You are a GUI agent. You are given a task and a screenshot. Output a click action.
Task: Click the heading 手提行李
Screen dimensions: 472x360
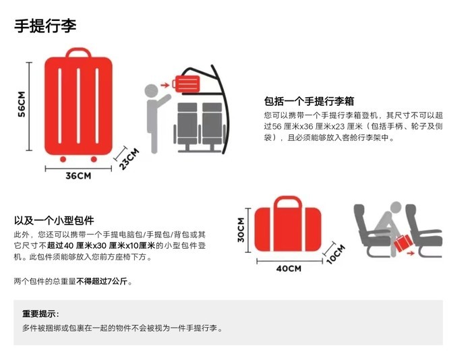point(45,26)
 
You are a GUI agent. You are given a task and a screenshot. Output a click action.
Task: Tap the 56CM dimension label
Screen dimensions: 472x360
point(22,104)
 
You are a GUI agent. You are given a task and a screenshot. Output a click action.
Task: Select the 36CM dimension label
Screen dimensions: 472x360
point(78,176)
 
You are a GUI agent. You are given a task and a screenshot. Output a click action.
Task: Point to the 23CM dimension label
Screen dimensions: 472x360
point(129,158)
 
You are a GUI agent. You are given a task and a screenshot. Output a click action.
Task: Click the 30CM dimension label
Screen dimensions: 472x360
point(241,230)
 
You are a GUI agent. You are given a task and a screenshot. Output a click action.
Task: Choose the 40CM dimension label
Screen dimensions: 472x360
point(289,268)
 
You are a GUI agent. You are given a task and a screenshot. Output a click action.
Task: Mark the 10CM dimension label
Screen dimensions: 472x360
point(335,255)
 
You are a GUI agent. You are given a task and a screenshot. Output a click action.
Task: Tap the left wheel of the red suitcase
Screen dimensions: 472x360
point(63,159)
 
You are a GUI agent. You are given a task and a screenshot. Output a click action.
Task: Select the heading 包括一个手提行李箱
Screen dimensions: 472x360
point(309,101)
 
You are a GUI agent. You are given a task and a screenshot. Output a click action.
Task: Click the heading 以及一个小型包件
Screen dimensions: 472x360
point(54,220)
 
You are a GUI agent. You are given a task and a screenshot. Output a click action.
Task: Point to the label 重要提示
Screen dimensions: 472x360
point(40,314)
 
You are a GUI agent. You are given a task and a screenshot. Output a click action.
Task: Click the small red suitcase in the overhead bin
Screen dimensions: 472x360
point(186,84)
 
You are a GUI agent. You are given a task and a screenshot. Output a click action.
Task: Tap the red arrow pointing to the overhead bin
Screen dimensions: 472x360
point(165,86)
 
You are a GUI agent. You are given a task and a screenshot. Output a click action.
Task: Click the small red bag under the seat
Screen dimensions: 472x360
point(403,243)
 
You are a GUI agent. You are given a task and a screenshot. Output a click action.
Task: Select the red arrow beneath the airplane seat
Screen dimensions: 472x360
point(410,253)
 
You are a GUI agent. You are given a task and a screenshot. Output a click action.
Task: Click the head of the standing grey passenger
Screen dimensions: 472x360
point(152,90)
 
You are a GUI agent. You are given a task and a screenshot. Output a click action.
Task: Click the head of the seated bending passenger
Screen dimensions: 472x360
point(396,208)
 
